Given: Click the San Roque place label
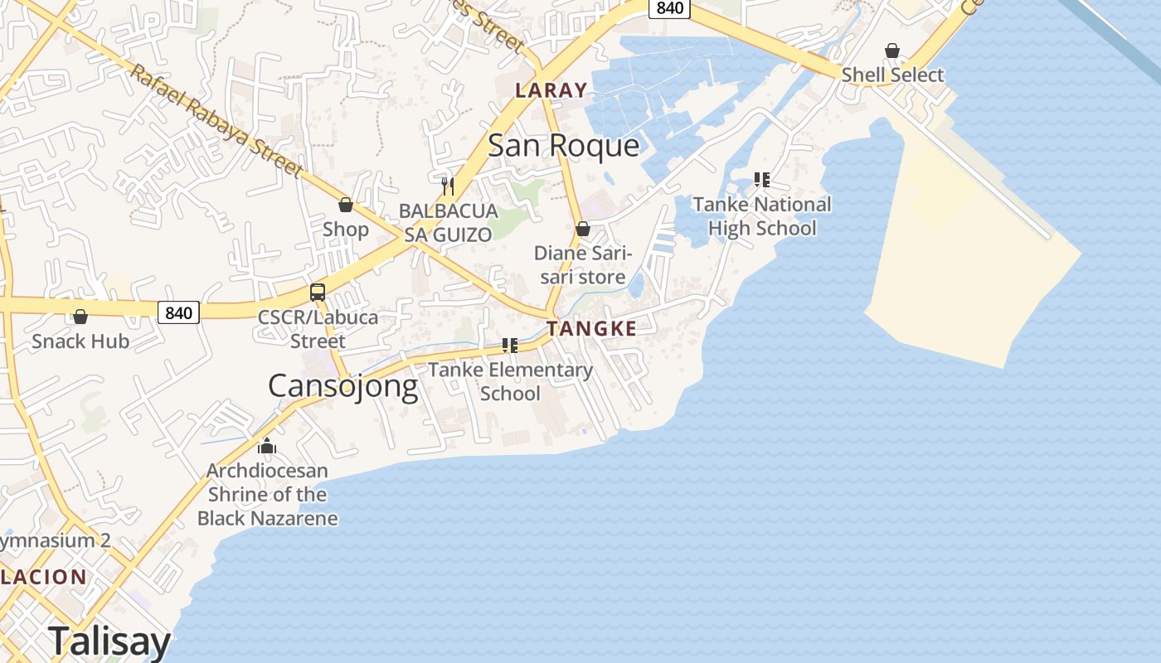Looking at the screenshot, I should (x=563, y=146).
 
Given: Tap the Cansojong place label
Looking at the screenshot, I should (x=342, y=386).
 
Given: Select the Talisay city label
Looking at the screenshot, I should (x=109, y=641).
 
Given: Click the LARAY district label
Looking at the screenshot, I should (x=551, y=90).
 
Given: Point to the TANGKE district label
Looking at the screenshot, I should (x=591, y=328).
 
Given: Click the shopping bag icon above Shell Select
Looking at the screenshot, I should (x=892, y=51).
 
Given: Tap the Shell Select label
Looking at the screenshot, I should (x=892, y=75).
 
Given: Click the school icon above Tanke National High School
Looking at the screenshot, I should (x=762, y=180).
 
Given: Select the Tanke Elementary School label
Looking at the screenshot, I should (x=510, y=381).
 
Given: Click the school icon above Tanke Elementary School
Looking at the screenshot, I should (x=510, y=346).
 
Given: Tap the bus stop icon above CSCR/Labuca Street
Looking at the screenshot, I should (x=318, y=292).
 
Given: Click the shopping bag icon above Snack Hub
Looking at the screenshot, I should (x=80, y=317).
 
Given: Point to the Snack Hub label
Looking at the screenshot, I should (x=80, y=341).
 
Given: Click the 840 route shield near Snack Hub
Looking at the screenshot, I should (x=178, y=312).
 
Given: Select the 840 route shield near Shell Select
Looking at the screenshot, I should (x=669, y=8).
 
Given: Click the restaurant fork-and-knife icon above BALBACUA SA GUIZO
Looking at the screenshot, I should (x=448, y=185).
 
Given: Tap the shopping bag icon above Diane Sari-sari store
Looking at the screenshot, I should (x=583, y=229).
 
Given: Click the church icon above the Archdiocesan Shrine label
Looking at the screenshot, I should (x=267, y=447).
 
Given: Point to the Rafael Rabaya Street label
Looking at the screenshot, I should (x=216, y=121).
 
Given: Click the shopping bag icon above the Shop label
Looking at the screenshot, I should (x=346, y=205).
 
